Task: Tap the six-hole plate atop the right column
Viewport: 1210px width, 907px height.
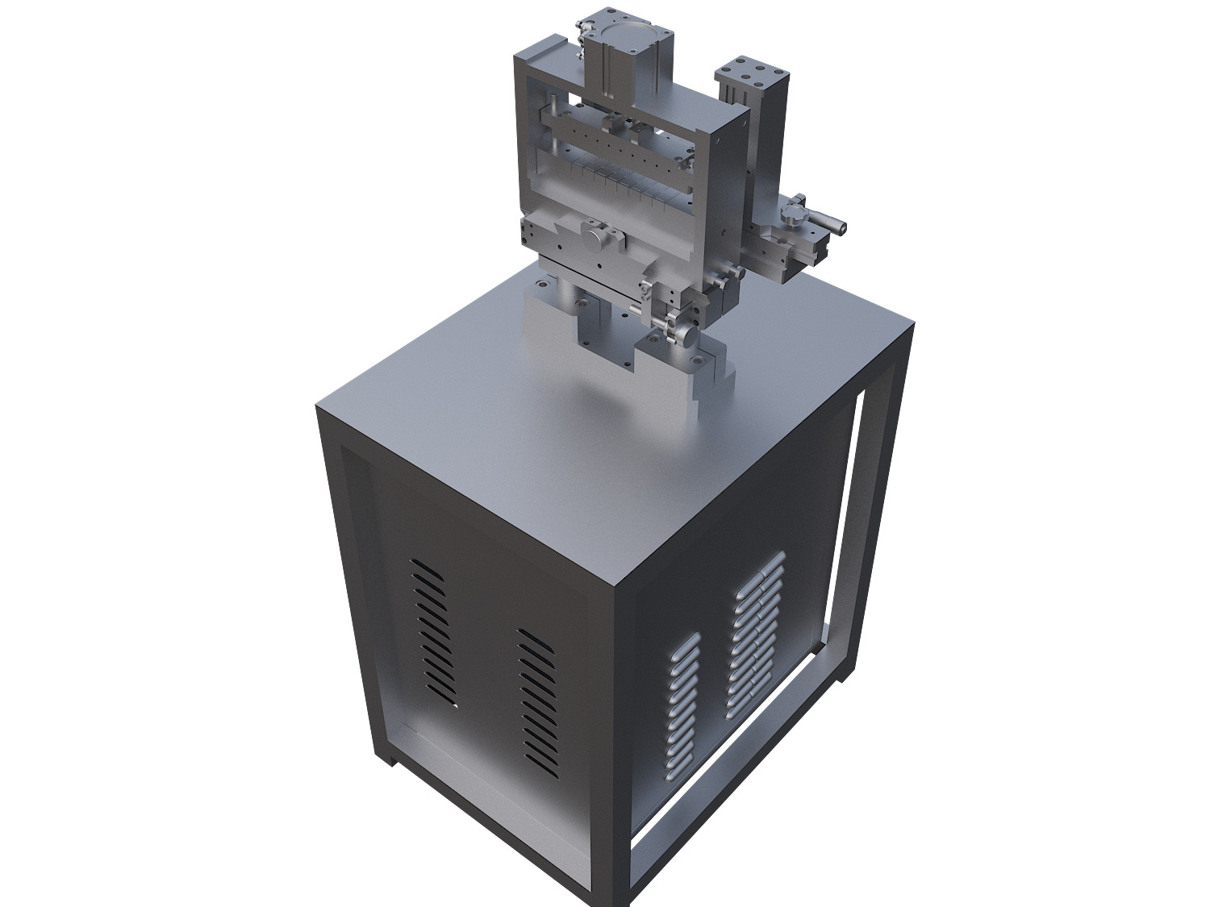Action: click(x=751, y=73)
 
